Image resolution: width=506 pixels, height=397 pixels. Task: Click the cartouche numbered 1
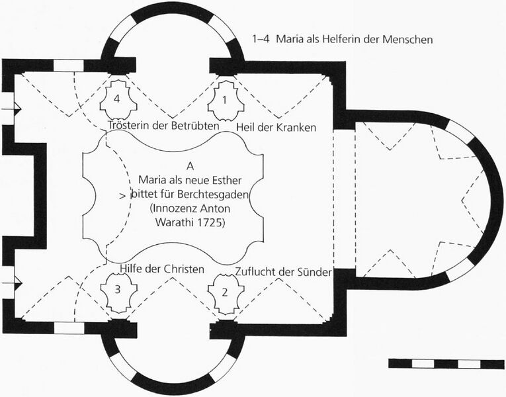coord(225,101)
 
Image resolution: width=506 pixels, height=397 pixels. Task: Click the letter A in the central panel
coord(190,166)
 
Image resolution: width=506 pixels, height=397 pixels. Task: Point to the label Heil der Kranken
coord(276,128)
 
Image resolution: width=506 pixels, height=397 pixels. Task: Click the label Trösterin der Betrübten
coord(163,125)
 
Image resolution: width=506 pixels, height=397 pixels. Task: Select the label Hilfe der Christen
coord(162,269)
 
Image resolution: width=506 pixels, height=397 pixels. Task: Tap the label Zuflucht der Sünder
coord(283,272)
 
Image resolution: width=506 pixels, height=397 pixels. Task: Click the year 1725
coord(211,223)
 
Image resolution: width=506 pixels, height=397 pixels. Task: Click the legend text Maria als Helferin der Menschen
coord(354,40)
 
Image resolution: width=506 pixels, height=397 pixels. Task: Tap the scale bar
coord(446,363)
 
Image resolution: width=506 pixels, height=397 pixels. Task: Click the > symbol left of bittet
coord(122,196)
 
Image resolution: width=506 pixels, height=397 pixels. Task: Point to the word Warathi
coord(175,223)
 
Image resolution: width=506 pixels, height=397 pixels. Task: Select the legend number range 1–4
coord(261,40)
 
